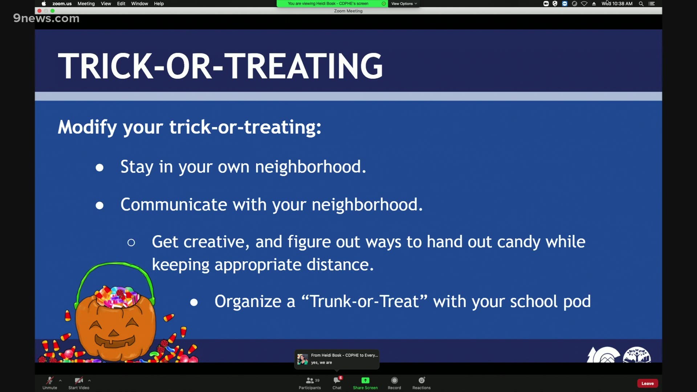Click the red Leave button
[648, 383]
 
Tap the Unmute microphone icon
[50, 380]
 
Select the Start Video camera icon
[79, 380]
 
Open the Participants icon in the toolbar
[310, 380]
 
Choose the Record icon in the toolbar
[395, 380]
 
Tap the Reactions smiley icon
[422, 380]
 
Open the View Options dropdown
[404, 4]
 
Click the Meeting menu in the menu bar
[86, 4]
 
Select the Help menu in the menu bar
[159, 4]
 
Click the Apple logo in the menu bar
[44, 4]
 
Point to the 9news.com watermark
[46, 18]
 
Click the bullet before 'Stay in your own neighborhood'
[99, 168]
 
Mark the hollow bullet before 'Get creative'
[131, 242]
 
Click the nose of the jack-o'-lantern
[114, 333]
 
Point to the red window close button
[39, 11]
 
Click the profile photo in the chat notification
[302, 359]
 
